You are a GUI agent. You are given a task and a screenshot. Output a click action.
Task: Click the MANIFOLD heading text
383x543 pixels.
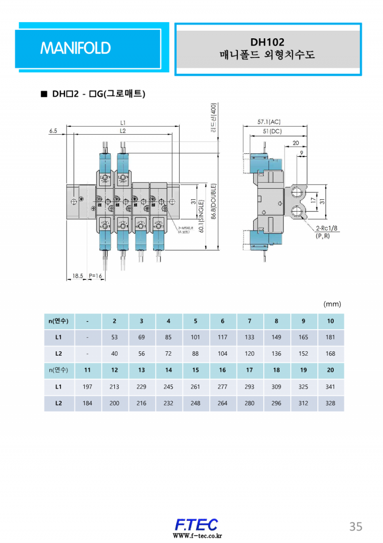coord(76,48)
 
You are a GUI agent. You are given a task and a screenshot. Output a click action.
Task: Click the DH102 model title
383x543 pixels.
coord(267,43)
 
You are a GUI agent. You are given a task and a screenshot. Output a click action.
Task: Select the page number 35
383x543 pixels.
coord(355,526)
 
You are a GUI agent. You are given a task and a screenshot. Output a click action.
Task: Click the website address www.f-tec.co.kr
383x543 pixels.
coord(197,536)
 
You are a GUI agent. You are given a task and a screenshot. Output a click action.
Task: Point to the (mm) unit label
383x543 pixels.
coord(332,304)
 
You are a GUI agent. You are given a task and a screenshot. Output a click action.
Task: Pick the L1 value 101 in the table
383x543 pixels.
coord(195,337)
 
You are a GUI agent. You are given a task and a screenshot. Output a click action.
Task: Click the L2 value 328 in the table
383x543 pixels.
coord(330,403)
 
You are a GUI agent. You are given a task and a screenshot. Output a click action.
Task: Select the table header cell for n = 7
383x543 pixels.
coord(249,321)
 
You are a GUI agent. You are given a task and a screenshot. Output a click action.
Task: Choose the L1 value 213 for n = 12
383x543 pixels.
coord(114,387)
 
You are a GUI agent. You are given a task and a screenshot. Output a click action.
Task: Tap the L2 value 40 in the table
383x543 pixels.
coord(114,354)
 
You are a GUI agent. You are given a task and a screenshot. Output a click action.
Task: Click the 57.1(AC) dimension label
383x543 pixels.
coord(269,122)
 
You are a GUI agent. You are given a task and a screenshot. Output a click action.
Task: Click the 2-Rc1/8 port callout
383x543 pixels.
coord(327,229)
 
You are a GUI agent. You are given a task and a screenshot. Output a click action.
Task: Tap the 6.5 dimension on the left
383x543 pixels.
coord(53,130)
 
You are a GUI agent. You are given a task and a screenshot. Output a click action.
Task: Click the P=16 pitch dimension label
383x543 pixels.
coord(96,276)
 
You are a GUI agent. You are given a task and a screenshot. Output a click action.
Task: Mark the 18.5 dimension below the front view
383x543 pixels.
coord(78,276)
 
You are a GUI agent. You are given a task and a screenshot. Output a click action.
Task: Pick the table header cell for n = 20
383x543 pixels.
coord(330,370)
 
